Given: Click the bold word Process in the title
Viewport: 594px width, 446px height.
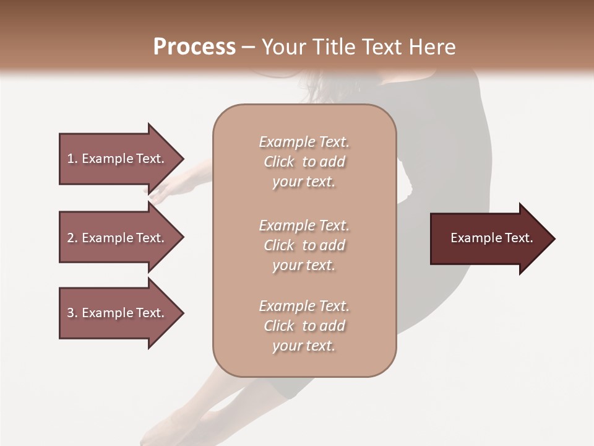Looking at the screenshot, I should click(x=194, y=47).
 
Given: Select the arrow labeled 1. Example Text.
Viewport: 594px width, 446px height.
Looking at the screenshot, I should click(x=118, y=159).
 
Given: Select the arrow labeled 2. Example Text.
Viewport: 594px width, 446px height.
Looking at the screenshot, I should click(x=118, y=238).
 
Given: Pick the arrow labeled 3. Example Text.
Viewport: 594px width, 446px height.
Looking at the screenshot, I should click(x=118, y=313).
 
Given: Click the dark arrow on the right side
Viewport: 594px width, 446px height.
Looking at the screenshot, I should click(x=489, y=238).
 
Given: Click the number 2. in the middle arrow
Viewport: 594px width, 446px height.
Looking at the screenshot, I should click(x=72, y=238).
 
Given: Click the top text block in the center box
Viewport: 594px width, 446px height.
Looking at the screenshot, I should click(x=304, y=162).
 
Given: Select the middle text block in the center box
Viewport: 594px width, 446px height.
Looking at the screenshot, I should click(x=304, y=245).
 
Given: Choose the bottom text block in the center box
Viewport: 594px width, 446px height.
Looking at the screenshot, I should click(x=304, y=326).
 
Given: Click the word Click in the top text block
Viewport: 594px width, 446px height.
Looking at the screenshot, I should click(x=279, y=162).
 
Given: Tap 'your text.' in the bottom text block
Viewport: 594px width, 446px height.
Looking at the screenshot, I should click(x=304, y=346).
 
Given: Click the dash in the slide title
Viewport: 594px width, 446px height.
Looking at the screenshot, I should click(x=248, y=47).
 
